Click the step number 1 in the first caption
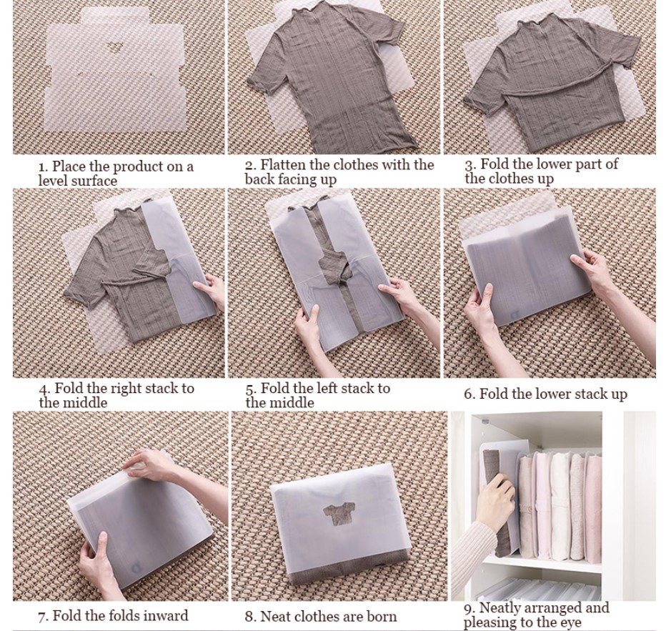[x=42, y=167]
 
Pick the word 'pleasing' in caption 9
[x=489, y=622]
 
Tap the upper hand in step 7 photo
[x=154, y=464]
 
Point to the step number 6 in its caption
[x=469, y=394]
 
